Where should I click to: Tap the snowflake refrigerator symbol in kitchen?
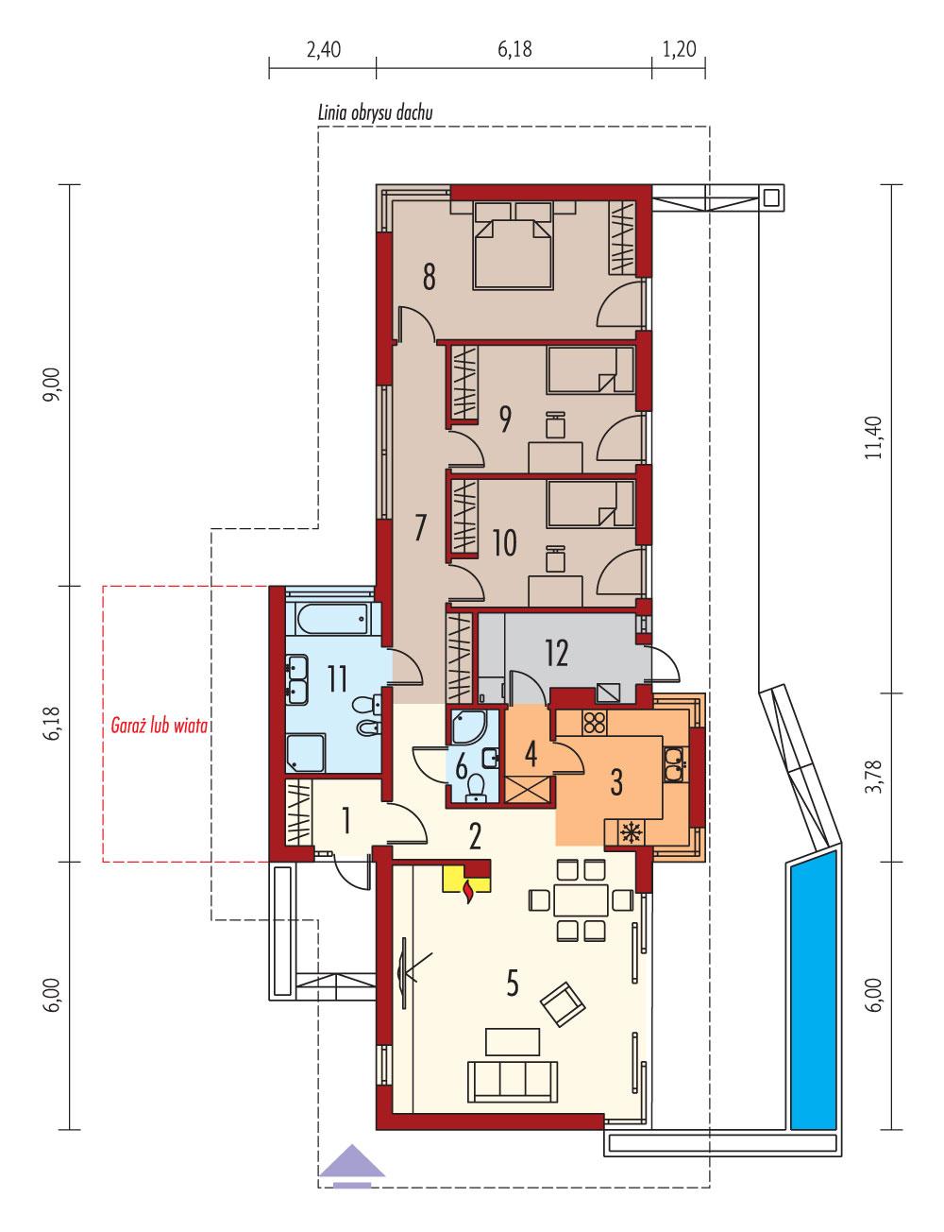630,831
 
